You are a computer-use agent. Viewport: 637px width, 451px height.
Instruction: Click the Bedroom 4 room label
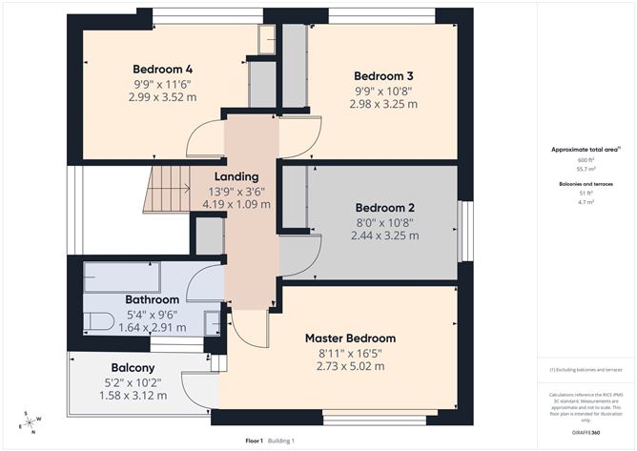[x=162, y=69]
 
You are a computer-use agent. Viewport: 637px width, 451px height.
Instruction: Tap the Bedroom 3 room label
[x=382, y=75]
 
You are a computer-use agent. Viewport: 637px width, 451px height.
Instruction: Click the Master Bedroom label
[x=350, y=338]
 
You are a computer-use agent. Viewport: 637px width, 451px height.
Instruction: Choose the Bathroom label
[x=153, y=299]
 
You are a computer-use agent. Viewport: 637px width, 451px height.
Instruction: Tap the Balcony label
[x=133, y=367]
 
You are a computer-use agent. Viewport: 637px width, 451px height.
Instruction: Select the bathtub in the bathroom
[x=119, y=277]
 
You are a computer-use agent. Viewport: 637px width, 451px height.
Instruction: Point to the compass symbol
[x=31, y=422]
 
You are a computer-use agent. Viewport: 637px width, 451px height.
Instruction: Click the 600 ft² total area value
[x=586, y=159]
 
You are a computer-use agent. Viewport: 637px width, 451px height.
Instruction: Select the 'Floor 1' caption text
[x=255, y=441]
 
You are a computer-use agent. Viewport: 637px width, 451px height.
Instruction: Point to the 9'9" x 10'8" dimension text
[x=382, y=90]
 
